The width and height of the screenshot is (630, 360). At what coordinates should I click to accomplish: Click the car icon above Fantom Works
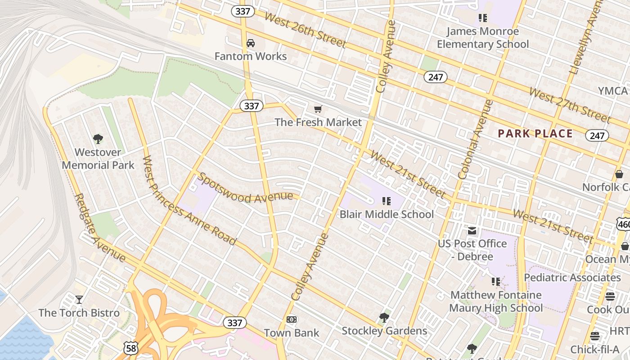251,43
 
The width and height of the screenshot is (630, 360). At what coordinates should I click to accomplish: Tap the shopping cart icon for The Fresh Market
318,109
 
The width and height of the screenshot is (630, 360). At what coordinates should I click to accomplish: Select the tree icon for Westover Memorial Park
98,139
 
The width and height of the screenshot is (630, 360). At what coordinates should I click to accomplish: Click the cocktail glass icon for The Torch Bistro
79,299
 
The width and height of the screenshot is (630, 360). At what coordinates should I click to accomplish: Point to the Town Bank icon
292,319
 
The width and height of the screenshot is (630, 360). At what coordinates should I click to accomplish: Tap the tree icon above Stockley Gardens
384,318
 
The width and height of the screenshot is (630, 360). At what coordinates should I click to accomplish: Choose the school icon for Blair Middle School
387,201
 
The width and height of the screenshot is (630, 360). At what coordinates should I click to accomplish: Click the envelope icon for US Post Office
472,231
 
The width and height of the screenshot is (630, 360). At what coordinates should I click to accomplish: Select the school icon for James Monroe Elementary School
483,18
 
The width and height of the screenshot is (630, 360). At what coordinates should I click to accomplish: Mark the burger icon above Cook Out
610,296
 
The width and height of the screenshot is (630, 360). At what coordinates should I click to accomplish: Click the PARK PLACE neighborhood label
535,134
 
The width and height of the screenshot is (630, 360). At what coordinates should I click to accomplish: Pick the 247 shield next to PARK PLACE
597,135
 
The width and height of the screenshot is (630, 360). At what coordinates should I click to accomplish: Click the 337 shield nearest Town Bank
235,323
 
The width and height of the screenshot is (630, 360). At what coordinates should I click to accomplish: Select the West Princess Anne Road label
189,201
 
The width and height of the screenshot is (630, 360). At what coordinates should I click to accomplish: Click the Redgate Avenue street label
100,228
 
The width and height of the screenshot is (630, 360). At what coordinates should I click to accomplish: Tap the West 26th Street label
305,30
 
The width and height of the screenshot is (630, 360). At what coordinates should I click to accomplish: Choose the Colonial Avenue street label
476,139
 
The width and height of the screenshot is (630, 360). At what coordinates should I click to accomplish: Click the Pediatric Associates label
572,278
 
